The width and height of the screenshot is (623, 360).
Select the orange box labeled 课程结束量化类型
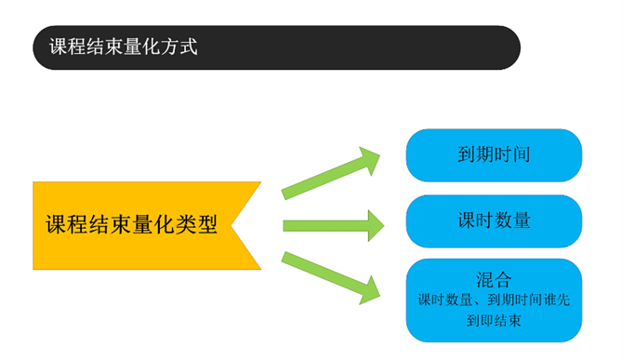139,225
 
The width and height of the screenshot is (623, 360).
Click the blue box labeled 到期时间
494,155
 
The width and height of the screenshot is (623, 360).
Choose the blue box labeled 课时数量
494,220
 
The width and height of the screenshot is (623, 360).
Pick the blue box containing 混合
494,300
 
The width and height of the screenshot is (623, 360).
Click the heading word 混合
494,279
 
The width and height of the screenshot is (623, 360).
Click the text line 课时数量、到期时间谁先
494,300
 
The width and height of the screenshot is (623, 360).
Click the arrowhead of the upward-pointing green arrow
370,160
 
